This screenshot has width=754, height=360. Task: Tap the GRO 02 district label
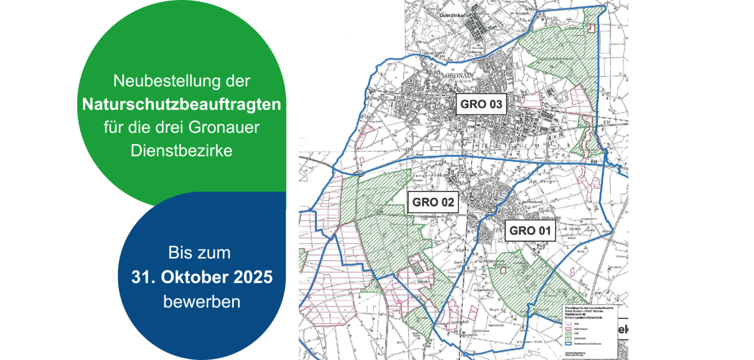[433, 203]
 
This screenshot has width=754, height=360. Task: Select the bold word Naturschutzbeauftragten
[181, 105]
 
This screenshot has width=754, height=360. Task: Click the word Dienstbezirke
[181, 150]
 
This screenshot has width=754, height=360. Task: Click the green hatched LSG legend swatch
[566, 332]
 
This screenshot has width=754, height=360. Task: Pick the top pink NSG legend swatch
[566, 322]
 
